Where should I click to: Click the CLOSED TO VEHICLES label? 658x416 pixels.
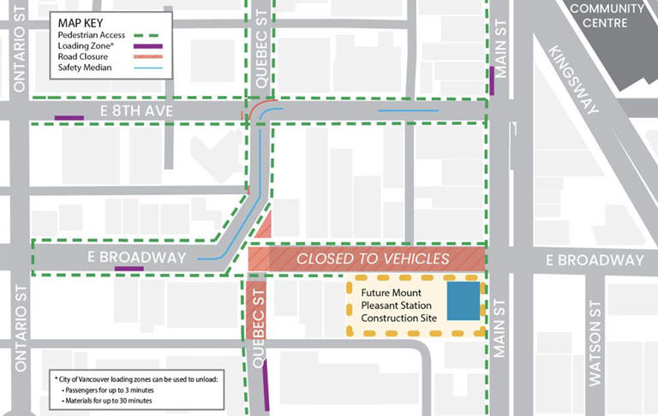(x=373, y=259)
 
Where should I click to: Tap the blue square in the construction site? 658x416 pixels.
(x=463, y=302)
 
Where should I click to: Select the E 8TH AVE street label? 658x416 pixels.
(x=139, y=111)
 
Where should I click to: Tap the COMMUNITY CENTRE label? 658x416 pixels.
(x=607, y=15)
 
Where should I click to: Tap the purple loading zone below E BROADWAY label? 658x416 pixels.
(x=129, y=269)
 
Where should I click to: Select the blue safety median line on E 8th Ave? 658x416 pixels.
(x=408, y=110)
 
